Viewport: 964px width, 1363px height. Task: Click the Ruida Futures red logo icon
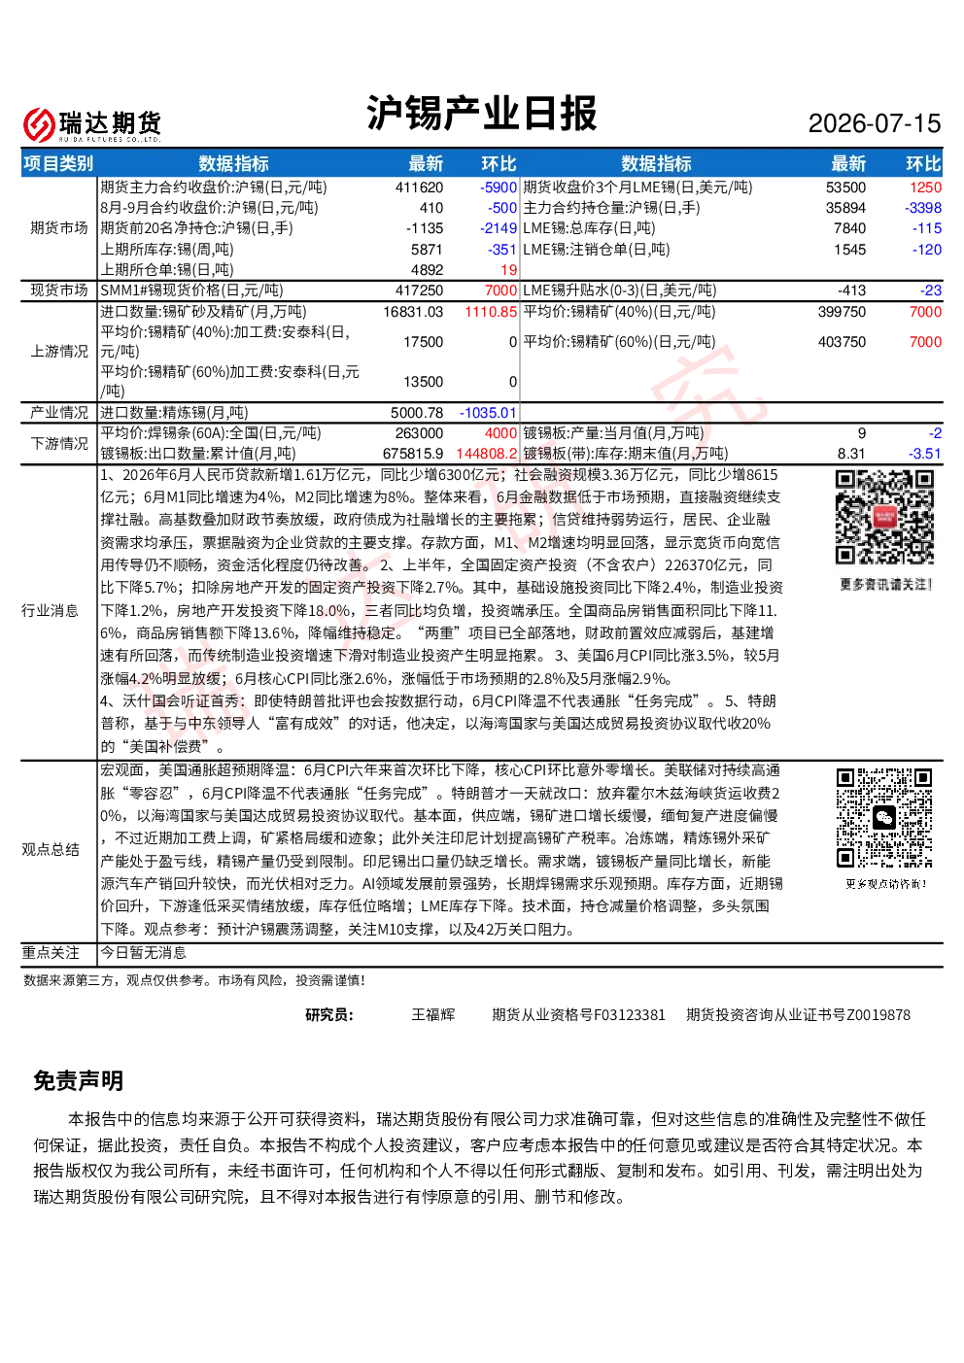coord(39,124)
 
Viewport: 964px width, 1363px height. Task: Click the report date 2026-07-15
coord(874,123)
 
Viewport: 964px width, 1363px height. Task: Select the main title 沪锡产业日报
coord(481,114)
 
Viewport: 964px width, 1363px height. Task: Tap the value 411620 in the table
coord(419,187)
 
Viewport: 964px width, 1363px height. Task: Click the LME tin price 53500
coord(845,187)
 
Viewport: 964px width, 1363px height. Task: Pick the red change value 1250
coord(926,187)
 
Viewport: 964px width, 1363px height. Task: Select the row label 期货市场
coord(59,228)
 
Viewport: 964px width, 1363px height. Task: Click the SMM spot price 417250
coord(419,290)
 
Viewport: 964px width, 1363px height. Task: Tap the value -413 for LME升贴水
coord(851,290)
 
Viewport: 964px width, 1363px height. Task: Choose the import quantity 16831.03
coord(413,312)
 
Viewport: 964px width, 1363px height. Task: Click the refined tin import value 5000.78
coord(417,413)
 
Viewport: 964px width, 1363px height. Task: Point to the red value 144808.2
coord(486,454)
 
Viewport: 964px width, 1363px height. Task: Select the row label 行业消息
coord(50,610)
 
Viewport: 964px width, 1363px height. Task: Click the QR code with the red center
coord(884,517)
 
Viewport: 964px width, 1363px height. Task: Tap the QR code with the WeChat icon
coord(884,818)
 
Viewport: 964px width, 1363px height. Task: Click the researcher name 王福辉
coord(433,1014)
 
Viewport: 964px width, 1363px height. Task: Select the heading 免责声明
coord(79,1080)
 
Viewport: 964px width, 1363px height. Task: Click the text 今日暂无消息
coord(143,952)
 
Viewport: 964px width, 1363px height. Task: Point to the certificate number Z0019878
coord(878,1015)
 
